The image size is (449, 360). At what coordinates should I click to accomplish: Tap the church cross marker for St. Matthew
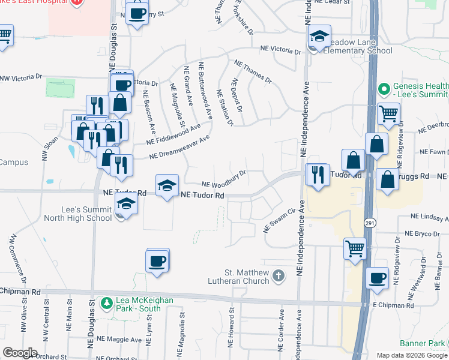tap(277, 275)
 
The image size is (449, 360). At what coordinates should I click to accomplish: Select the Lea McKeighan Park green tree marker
tap(107, 302)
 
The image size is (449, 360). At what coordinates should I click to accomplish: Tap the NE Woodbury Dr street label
tap(224, 179)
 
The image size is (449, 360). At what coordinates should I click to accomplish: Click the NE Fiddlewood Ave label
tap(173, 135)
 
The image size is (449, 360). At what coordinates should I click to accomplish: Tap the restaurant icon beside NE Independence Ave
tap(318, 174)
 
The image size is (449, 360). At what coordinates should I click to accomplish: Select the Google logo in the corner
tap(20, 353)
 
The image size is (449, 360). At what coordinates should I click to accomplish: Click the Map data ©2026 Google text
tap(412, 355)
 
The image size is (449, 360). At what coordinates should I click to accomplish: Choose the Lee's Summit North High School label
tap(78, 214)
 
